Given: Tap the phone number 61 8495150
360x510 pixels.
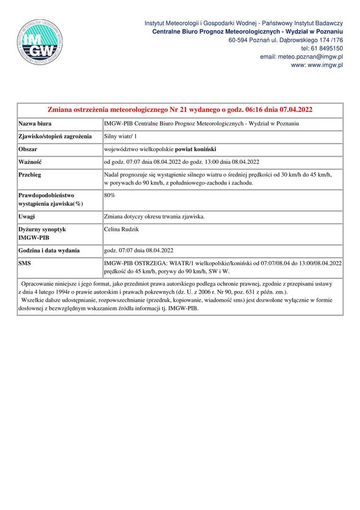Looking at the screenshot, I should [322, 48].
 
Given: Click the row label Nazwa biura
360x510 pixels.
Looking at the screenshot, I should [35, 124].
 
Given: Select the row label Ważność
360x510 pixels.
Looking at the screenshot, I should [30, 162].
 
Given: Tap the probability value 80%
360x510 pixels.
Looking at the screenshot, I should [109, 194].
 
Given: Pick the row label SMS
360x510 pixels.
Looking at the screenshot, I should [25, 263].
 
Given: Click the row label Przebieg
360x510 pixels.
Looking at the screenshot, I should [30, 174].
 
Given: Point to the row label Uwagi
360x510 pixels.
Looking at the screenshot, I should [27, 217].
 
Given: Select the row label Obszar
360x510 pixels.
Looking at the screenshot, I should [28, 149].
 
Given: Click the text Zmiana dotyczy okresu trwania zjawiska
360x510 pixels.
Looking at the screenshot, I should [154, 217].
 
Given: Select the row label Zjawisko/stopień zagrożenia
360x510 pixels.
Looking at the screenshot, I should [55, 136].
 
